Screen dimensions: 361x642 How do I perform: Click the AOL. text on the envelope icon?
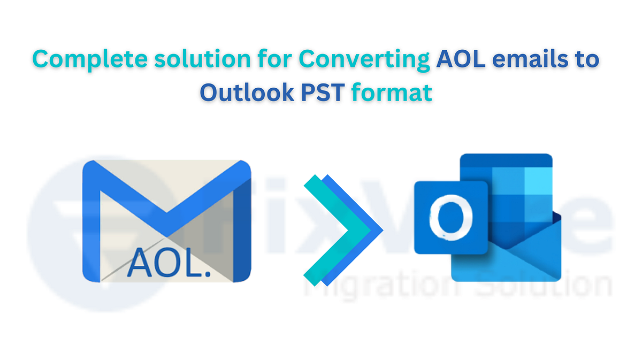point(167,262)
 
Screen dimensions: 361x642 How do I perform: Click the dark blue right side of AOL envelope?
point(243,230)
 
